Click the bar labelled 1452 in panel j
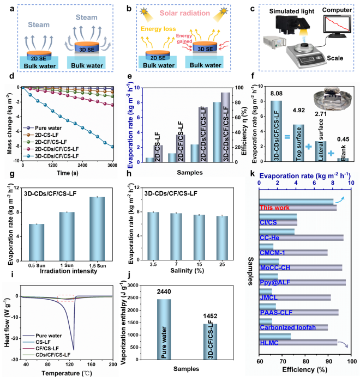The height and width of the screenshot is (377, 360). pyautogui.click(x=211, y=340)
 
